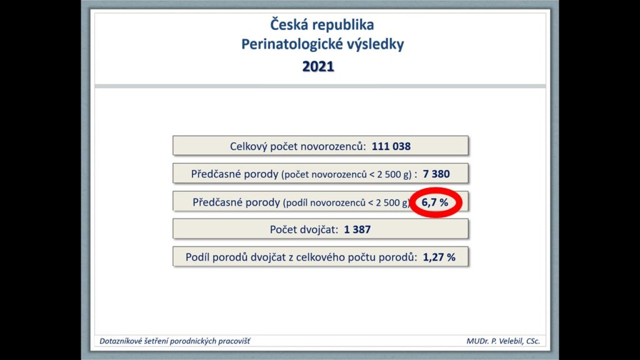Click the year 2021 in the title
pyautogui.click(x=318, y=66)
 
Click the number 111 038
pyautogui.click(x=391, y=146)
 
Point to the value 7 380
pyautogui.click(x=436, y=174)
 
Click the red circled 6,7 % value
pyautogui.click(x=435, y=202)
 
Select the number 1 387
pyautogui.click(x=357, y=229)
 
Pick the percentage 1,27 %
pyautogui.click(x=439, y=257)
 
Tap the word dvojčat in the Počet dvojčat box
pyautogui.click(x=319, y=230)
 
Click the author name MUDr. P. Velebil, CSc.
pyautogui.click(x=503, y=341)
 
